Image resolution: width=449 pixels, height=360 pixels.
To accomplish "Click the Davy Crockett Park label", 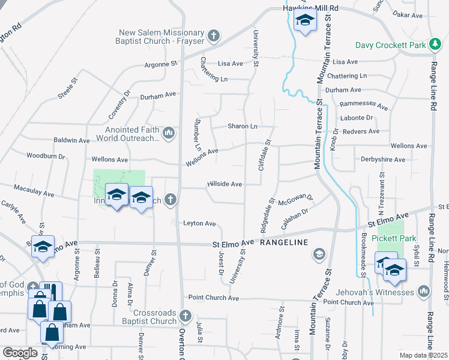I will pos(390,45).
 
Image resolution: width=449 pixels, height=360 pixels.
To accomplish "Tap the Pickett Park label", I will pos(394,238).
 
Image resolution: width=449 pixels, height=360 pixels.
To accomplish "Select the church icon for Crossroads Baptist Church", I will pos(185,315).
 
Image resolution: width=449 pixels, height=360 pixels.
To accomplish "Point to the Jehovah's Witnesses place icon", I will pos(424,292).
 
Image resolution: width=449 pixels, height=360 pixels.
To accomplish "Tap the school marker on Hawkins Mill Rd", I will pos(305,22).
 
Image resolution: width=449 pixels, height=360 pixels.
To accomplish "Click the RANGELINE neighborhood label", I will pos(284,242).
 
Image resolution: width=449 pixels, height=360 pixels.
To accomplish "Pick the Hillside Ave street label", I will pos(224,184).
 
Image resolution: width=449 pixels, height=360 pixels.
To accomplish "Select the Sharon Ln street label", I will pos(242,127).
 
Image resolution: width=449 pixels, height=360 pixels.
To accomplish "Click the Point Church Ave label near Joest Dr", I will pos(213,298).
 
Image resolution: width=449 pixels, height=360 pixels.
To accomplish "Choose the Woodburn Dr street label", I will pos(46,155).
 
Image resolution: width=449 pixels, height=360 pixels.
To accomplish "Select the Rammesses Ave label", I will pos(364,104).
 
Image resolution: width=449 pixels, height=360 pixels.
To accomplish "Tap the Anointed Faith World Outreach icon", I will pos(169,133).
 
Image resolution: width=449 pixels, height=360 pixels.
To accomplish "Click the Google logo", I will pos(20,353).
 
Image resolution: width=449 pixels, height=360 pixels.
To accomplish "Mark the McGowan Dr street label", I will pos(296,200).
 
